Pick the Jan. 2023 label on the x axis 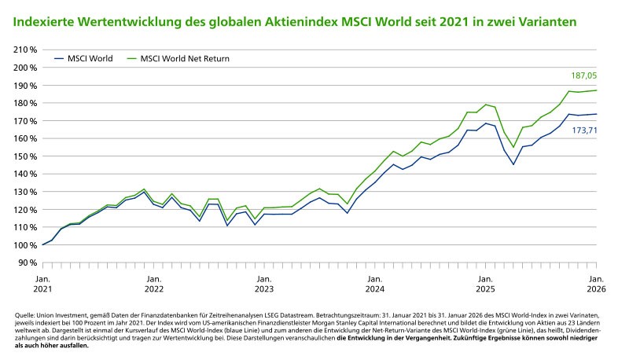[x=263, y=284]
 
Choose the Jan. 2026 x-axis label [x=597, y=284]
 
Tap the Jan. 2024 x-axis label [x=374, y=284]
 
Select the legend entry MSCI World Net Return [x=185, y=58]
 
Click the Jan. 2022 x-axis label [x=153, y=284]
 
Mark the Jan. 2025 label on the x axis [x=486, y=284]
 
